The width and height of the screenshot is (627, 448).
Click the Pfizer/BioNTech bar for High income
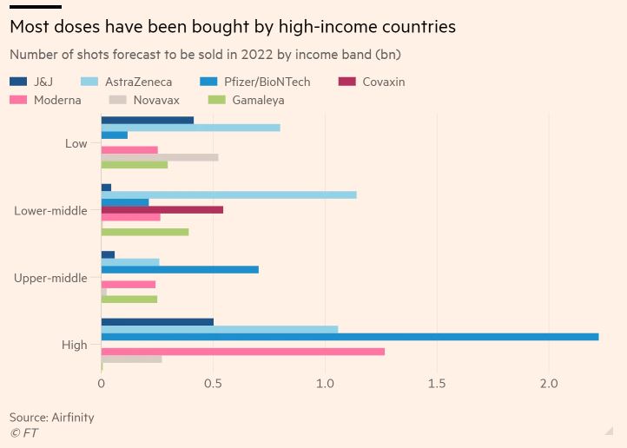[x=350, y=336]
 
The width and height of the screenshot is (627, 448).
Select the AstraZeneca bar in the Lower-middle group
[x=228, y=194]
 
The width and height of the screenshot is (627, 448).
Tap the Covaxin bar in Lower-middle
[x=162, y=209]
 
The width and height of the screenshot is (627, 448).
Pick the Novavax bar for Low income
[x=160, y=157]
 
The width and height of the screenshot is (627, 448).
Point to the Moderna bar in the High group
[x=243, y=351]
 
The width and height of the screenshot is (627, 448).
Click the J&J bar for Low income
[x=148, y=120]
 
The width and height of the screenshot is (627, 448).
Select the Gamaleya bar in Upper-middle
[x=129, y=299]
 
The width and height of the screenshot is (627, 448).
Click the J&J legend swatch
[x=18, y=82]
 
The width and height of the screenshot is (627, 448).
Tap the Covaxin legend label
[x=383, y=82]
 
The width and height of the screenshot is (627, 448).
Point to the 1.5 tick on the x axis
[x=436, y=383]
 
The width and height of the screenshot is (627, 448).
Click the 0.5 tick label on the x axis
[x=213, y=383]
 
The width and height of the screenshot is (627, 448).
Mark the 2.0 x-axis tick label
[x=548, y=383]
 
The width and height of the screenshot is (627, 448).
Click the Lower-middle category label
[x=50, y=210]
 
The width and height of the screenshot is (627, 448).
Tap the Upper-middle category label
[x=50, y=278]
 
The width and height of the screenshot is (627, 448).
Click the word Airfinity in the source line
[x=72, y=417]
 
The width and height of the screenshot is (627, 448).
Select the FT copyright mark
[x=23, y=432]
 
